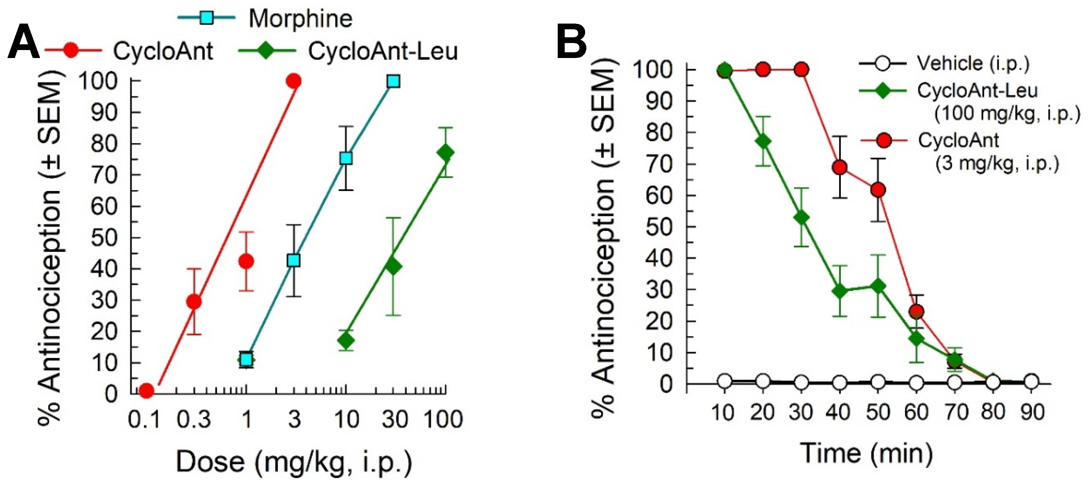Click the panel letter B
tap(571, 43)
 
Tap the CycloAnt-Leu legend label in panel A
tap(382, 52)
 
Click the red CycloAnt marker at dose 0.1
tap(146, 390)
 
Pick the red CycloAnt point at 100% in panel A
tap(294, 81)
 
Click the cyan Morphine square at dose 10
tap(346, 158)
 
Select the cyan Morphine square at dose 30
tap(393, 81)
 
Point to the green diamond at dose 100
tap(446, 153)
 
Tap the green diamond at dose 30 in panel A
tap(393, 266)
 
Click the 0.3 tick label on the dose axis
tap(194, 419)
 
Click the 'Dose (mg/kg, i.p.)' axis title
tap(294, 462)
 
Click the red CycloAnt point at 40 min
tap(840, 168)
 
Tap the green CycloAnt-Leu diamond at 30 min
tap(801, 218)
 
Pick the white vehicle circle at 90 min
tap(1031, 382)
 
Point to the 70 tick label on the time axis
tap(955, 412)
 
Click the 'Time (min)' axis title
tap(866, 453)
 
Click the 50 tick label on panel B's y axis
tap(659, 227)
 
